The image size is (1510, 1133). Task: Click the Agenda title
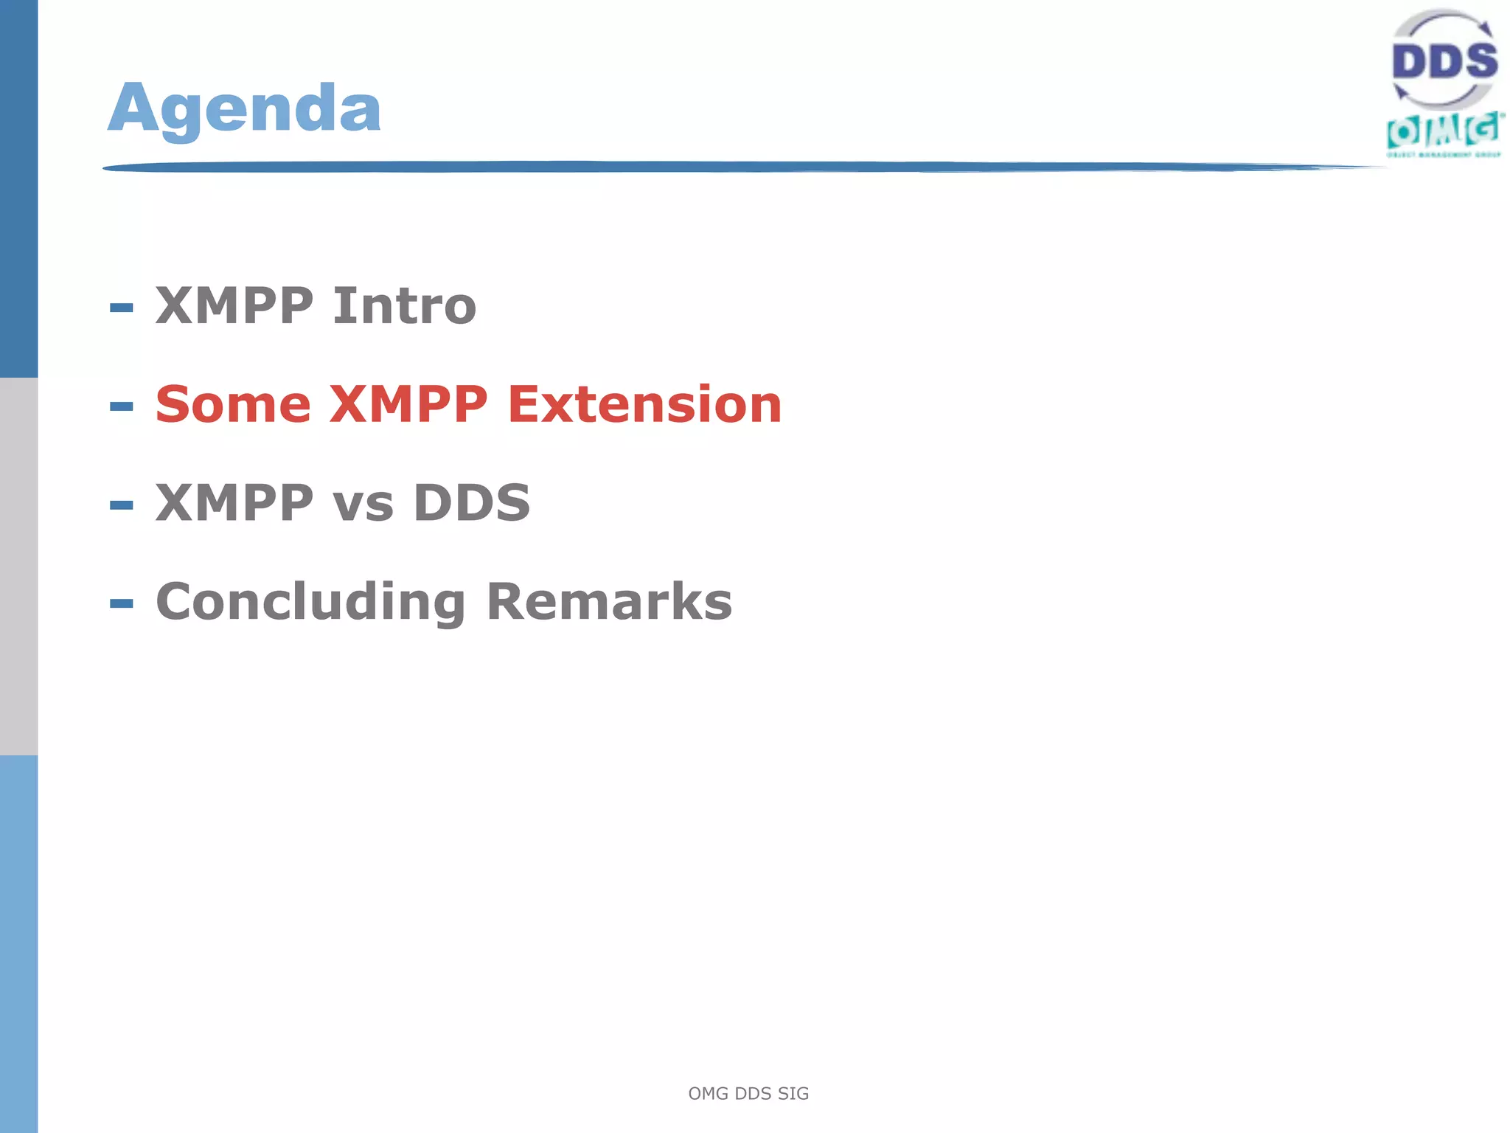click(245, 109)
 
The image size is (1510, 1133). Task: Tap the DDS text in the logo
click(1444, 61)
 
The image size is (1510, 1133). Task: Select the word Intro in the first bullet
click(404, 306)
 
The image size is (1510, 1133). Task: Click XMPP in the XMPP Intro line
click(234, 306)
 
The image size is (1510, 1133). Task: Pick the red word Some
click(233, 405)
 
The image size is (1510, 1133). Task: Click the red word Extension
click(644, 405)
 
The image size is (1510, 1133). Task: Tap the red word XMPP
click(408, 405)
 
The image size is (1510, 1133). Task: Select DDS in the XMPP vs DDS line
click(471, 504)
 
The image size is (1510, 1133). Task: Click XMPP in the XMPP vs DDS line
click(234, 504)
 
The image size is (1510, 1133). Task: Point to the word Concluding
click(310, 603)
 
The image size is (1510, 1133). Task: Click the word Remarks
click(609, 603)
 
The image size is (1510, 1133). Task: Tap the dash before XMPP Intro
click(122, 308)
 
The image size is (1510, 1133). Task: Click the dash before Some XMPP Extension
click(122, 406)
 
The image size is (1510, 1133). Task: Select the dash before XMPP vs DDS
click(122, 505)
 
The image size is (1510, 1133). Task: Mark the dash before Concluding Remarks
click(122, 604)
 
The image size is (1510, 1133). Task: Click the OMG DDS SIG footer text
click(748, 1093)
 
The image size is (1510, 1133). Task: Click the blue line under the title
click(737, 167)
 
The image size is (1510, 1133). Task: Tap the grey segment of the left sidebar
click(18, 566)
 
